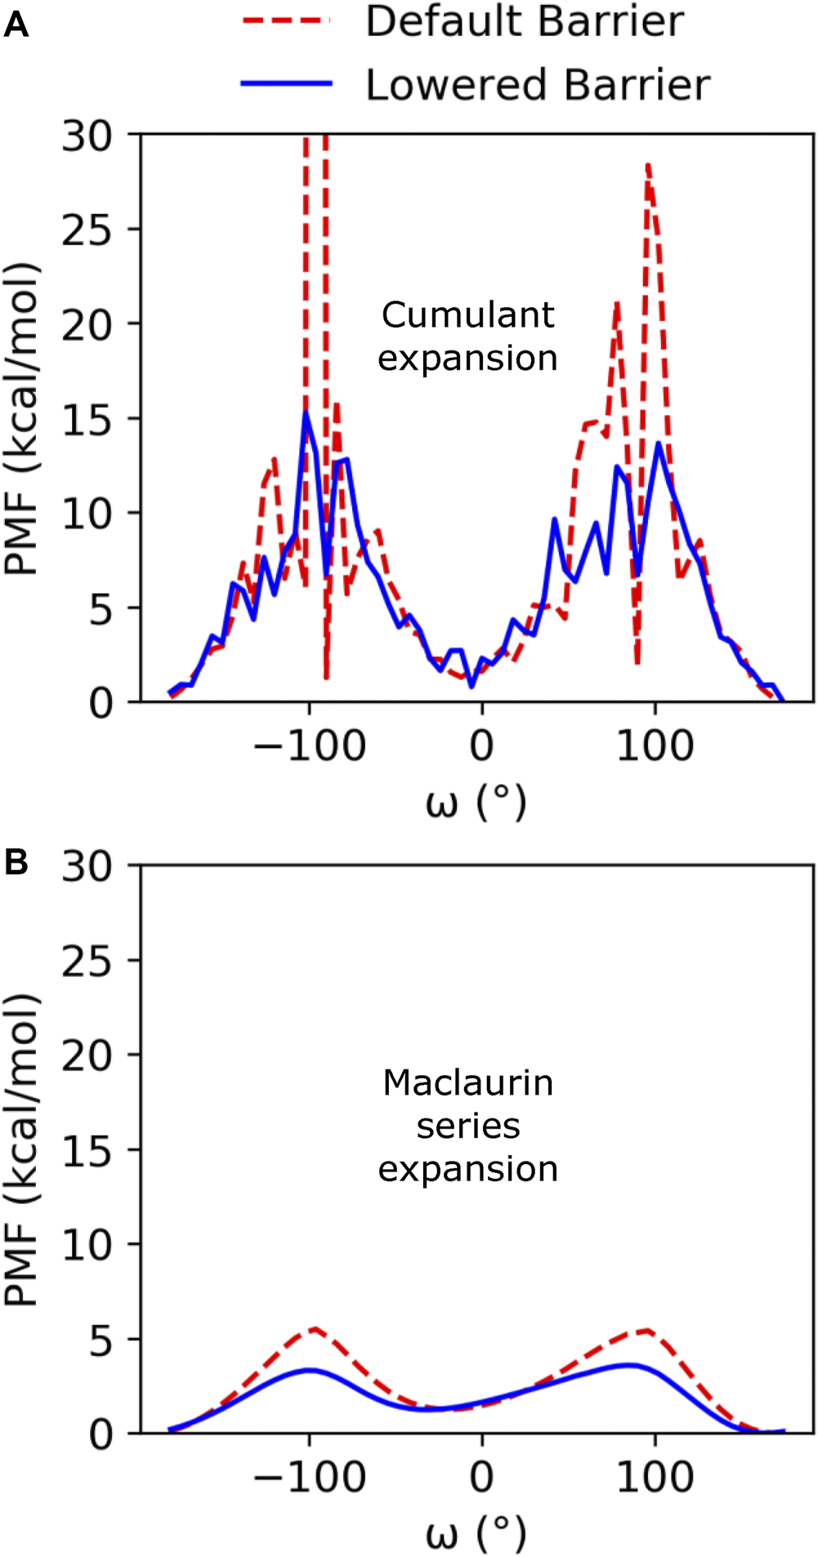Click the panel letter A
click(16, 26)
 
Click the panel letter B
click(16, 863)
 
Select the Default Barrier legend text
click(524, 21)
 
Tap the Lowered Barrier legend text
click(538, 85)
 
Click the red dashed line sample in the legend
click(286, 20)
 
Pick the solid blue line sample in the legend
click(286, 83)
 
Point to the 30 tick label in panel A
click(87, 136)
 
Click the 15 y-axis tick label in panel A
click(87, 420)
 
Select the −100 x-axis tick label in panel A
click(309, 746)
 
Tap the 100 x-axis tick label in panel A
click(655, 746)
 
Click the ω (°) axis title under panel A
click(476, 804)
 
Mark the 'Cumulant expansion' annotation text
click(468, 337)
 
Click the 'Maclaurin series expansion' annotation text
click(468, 1126)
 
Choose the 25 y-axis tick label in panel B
click(87, 962)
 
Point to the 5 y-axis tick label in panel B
click(100, 1341)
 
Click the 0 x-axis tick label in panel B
click(481, 1477)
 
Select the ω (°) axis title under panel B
click(476, 1534)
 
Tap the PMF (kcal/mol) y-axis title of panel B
click(23, 1152)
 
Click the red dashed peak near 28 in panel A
click(647, 165)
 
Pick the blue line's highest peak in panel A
click(306, 413)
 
